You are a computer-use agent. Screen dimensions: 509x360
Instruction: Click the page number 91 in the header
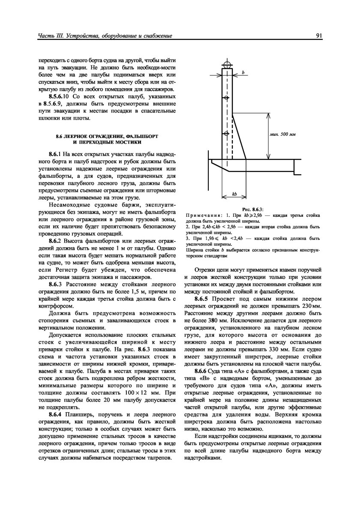tap(319, 36)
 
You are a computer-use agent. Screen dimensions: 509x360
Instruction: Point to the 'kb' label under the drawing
tap(234, 194)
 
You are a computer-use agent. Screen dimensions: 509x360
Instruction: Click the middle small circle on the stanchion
tap(227, 99)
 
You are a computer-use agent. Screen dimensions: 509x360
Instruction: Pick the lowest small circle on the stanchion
tap(227, 132)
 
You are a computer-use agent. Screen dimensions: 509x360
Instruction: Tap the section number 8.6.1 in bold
tap(55, 153)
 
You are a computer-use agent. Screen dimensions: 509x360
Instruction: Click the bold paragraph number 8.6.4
tap(55, 415)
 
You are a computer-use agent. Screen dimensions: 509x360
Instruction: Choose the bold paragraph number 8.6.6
tap(204, 370)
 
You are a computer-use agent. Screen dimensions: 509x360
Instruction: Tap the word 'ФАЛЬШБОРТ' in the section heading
tap(136, 136)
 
